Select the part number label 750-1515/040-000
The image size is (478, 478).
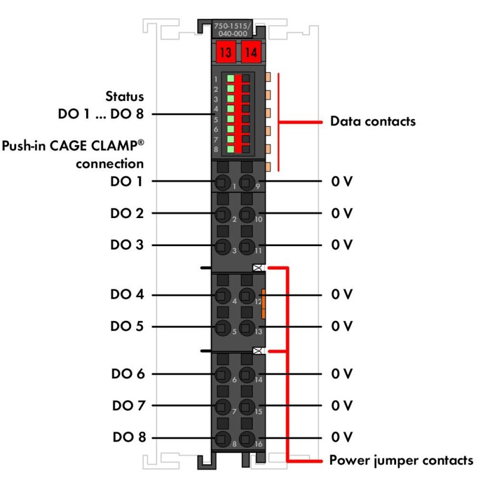tap(238, 30)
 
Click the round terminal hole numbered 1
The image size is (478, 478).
tap(222, 182)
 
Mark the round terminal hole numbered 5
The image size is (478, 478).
tap(222, 327)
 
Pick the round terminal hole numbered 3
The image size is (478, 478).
tap(222, 245)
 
